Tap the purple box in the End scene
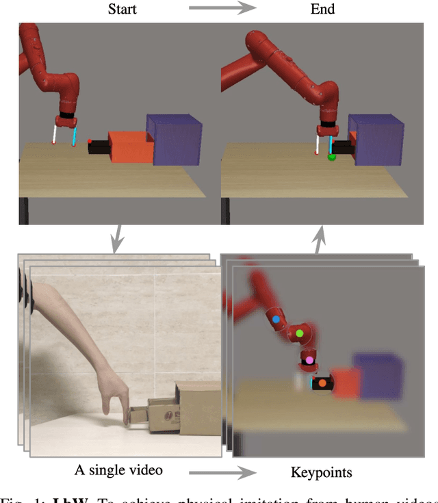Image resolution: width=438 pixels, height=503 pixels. point(375,140)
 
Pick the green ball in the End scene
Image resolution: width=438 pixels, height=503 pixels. point(332,157)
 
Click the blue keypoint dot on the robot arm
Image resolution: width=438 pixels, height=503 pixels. point(276,319)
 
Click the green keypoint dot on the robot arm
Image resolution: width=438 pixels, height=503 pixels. point(299,333)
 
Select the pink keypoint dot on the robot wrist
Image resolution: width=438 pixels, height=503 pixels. point(309,359)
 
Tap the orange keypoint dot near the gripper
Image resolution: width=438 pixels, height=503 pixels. point(322,383)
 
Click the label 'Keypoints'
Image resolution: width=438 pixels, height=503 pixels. point(320,472)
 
